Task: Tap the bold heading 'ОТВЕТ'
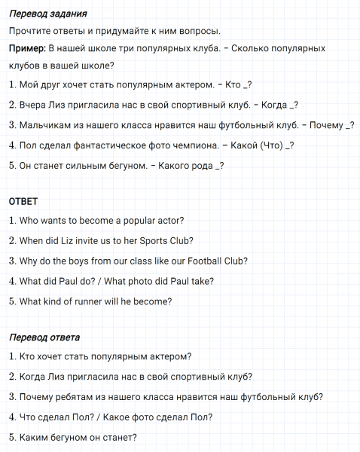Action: pyautogui.click(x=23, y=201)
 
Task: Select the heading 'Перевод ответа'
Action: pyautogui.click(x=44, y=337)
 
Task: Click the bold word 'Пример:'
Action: pyautogui.click(x=27, y=48)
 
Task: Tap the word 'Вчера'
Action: pyautogui.click(x=34, y=105)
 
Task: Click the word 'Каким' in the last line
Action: pyautogui.click(x=33, y=437)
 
